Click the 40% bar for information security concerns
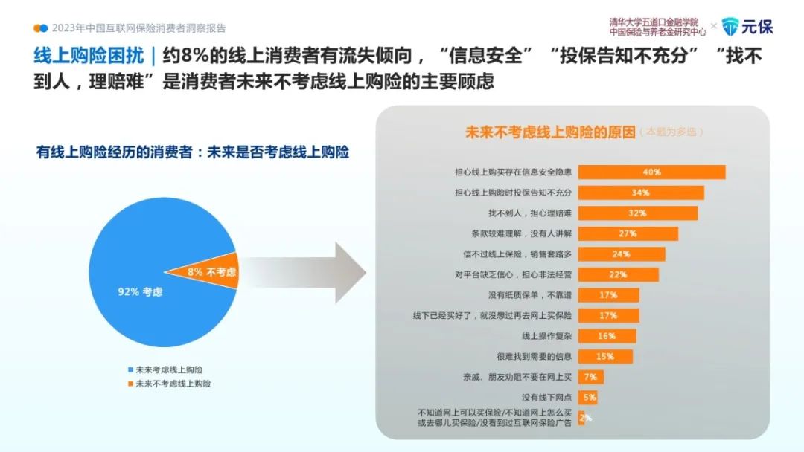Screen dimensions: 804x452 point(651,172)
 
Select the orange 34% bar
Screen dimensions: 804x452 point(641,193)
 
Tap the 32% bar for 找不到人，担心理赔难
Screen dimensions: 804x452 point(638,213)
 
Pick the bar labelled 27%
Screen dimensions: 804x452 point(628,233)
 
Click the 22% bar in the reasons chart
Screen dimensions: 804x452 point(619,274)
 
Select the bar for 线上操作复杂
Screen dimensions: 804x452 point(607,336)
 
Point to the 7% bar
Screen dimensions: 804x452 point(590,377)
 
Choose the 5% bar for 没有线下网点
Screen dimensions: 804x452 point(587,397)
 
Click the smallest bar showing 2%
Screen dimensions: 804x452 point(581,418)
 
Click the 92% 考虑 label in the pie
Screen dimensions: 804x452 point(140,291)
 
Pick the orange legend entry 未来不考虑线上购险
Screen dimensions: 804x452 point(169,384)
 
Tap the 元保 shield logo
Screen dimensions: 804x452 point(730,27)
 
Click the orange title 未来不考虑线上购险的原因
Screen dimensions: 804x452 point(550,132)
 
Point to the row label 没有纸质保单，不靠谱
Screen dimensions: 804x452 point(530,295)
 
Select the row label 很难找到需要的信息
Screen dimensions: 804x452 point(534,356)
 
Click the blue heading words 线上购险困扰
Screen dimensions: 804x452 point(89,55)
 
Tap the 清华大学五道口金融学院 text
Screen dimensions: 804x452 point(654,22)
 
